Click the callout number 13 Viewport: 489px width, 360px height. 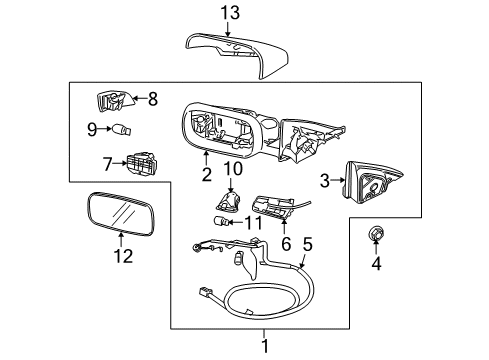(x=230, y=13)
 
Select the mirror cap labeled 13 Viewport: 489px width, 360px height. (x=237, y=55)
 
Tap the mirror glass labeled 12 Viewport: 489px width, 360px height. (x=121, y=212)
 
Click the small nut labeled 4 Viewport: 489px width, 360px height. (x=376, y=233)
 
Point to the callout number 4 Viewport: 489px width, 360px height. (x=376, y=264)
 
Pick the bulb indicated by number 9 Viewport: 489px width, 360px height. (x=122, y=129)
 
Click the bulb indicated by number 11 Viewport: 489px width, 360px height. (x=220, y=221)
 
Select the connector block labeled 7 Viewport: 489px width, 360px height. (x=142, y=164)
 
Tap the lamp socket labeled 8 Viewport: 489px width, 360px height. (x=114, y=101)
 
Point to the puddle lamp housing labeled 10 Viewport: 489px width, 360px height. (x=229, y=201)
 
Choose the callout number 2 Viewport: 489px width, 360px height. (x=207, y=174)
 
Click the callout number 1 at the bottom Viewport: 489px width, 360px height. (x=265, y=346)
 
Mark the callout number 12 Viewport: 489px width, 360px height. (x=123, y=256)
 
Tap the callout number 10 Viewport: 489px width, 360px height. (x=233, y=169)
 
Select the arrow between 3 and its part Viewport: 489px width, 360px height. (x=339, y=180)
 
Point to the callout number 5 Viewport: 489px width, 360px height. (x=308, y=244)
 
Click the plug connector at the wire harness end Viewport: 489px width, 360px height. (x=205, y=292)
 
